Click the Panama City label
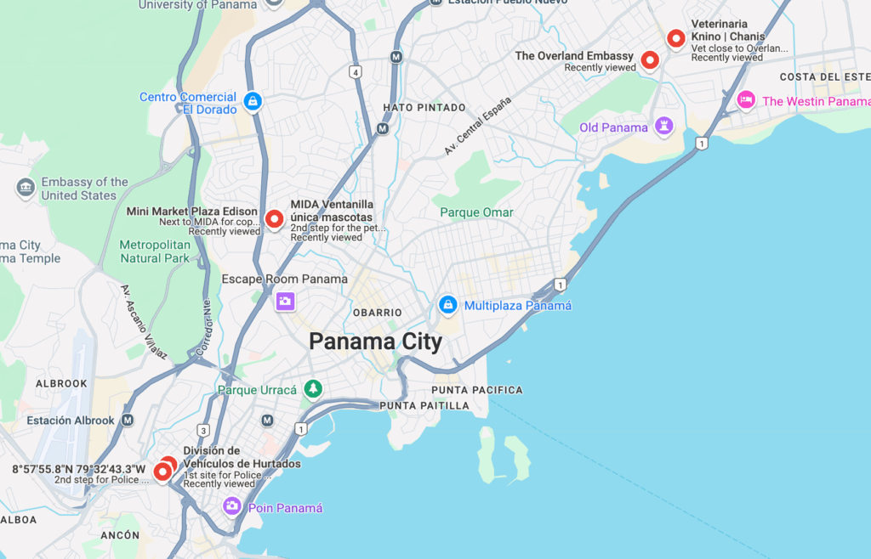click(x=375, y=342)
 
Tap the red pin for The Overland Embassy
click(x=650, y=59)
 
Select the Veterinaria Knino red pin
click(x=676, y=38)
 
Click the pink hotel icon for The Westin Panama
click(x=746, y=100)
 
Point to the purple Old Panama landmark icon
click(x=663, y=127)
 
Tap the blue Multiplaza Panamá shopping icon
click(x=447, y=304)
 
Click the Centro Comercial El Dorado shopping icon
click(x=252, y=101)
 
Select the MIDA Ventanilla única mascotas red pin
click(x=274, y=219)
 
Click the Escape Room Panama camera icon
click(x=285, y=301)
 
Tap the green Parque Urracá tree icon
click(x=314, y=389)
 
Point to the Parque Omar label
click(x=476, y=212)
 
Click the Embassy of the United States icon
click(x=26, y=187)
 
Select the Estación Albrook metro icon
click(x=128, y=420)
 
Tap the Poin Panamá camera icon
click(x=232, y=506)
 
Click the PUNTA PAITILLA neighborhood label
click(x=424, y=406)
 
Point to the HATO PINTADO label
click(x=424, y=108)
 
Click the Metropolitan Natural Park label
click(x=155, y=251)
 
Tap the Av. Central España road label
click(x=478, y=126)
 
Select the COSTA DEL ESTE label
click(x=822, y=77)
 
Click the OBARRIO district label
click(x=377, y=313)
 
